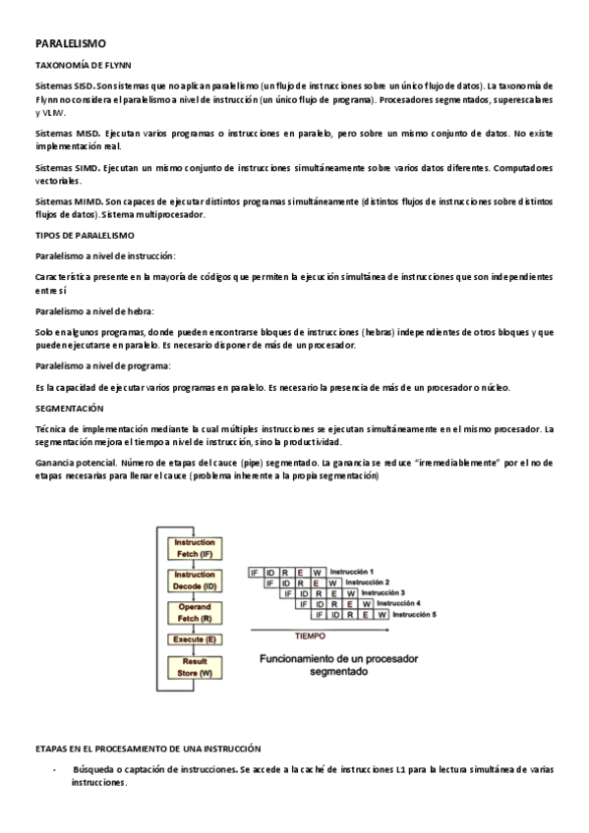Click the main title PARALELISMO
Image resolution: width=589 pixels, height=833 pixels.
[x=70, y=44]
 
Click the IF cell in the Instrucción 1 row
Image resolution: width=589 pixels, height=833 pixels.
[x=255, y=572]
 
